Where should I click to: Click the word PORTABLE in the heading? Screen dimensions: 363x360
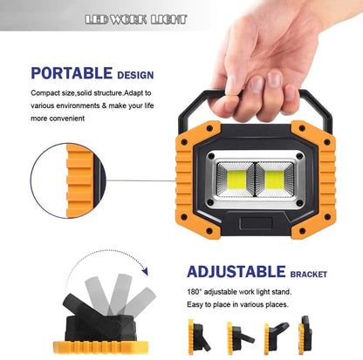click(72, 73)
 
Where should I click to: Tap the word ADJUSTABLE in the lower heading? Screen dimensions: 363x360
click(236, 272)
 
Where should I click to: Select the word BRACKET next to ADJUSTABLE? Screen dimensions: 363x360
click(309, 275)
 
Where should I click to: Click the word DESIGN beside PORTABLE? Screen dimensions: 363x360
click(135, 75)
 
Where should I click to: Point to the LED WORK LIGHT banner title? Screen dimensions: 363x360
click(136, 19)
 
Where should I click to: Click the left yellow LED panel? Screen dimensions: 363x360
click(236, 180)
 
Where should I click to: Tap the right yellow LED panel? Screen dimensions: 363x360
click(274, 180)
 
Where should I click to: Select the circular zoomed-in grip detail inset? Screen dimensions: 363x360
click(68, 180)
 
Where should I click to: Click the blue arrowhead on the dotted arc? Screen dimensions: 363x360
click(145, 271)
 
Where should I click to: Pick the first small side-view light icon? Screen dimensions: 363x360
click(199, 337)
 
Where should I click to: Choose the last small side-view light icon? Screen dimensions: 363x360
click(305, 335)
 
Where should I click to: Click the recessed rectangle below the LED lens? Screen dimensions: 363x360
click(256, 223)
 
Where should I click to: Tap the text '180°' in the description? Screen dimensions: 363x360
click(195, 292)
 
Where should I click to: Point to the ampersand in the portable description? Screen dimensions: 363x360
click(105, 105)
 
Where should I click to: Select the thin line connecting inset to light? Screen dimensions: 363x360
click(140, 180)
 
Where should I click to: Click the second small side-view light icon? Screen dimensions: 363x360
click(240, 338)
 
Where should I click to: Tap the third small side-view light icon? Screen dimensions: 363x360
click(276, 338)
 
